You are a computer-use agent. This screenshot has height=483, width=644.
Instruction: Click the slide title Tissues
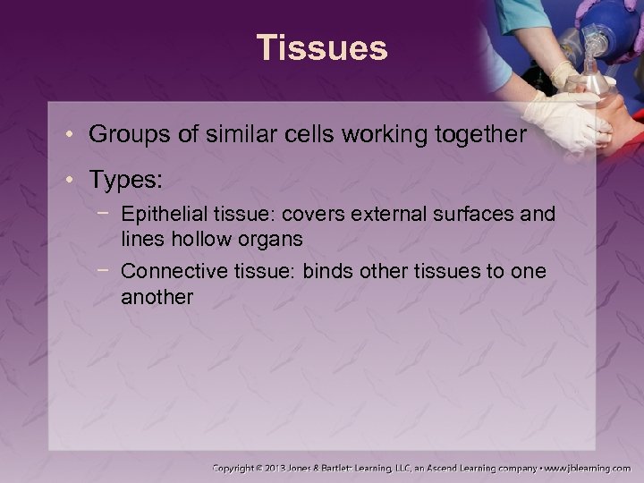(x=322, y=47)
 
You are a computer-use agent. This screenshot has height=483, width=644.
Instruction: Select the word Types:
(x=125, y=179)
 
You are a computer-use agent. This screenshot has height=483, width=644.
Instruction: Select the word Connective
(x=167, y=272)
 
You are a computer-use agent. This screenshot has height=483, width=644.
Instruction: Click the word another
(x=157, y=297)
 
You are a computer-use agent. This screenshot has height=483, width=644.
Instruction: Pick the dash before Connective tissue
(x=106, y=271)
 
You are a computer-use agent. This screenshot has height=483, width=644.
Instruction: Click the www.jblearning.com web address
(x=589, y=468)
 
